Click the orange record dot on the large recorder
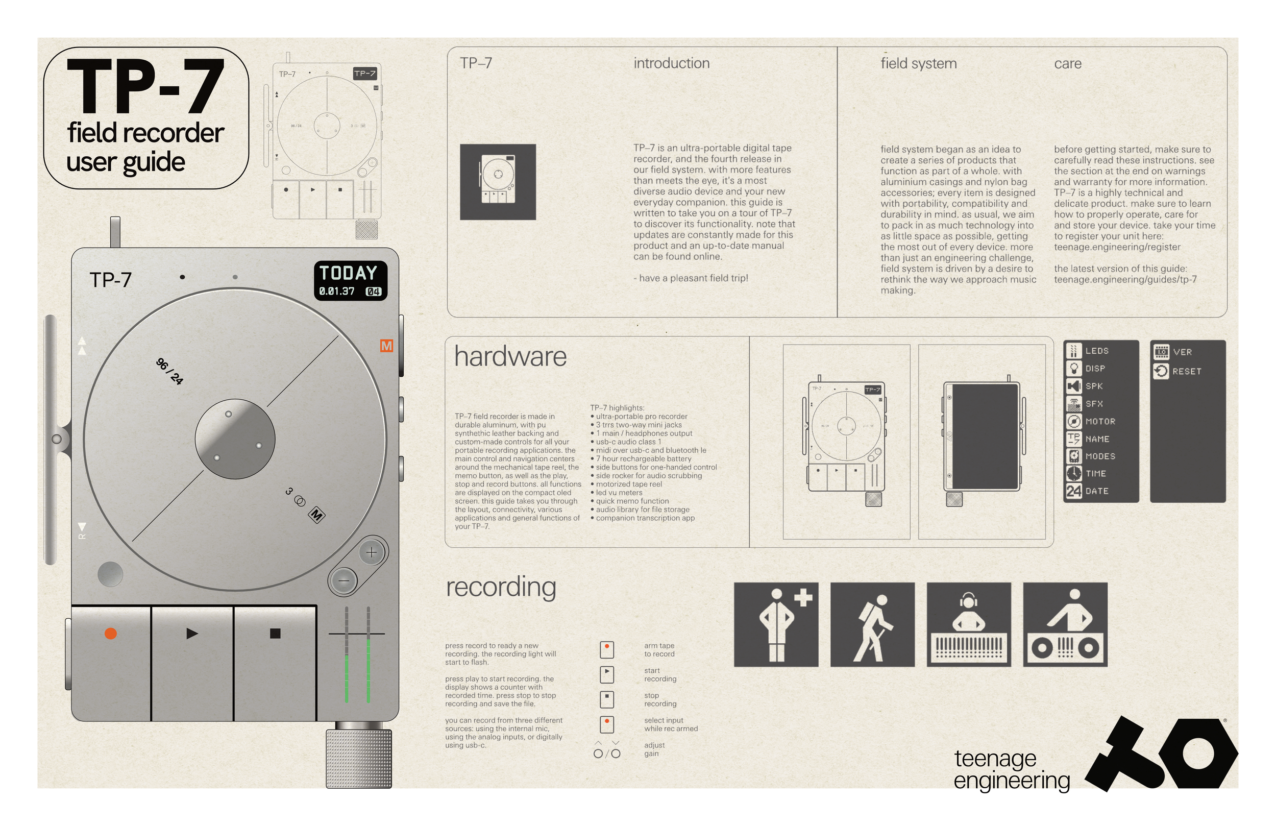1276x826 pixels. click(x=110, y=634)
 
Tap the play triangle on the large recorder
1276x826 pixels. click(x=192, y=634)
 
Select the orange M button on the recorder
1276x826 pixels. click(x=386, y=346)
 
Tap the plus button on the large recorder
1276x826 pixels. click(x=372, y=552)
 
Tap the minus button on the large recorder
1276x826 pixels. click(x=343, y=580)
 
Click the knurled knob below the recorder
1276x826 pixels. click(x=359, y=759)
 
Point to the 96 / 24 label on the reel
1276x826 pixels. click(x=169, y=371)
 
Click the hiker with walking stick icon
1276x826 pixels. click(x=872, y=625)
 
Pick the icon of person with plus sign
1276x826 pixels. click(x=776, y=625)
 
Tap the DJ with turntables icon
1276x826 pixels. click(x=1065, y=625)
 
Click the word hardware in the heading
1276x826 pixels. click(x=510, y=357)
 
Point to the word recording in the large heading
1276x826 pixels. click(x=501, y=587)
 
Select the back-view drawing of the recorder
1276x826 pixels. click(x=981, y=442)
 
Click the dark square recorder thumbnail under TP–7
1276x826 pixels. click(x=498, y=182)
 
